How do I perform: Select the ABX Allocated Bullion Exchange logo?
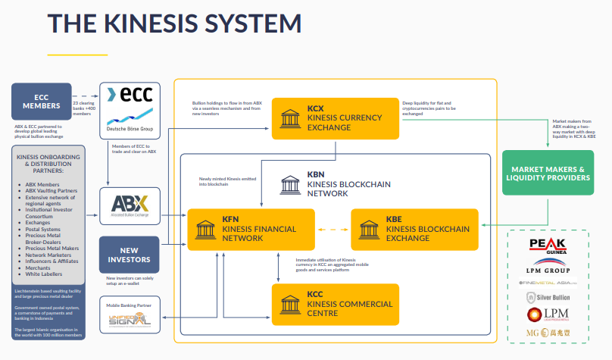pos(130,206)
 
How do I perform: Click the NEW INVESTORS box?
pos(130,255)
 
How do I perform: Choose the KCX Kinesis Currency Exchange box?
pos(336,118)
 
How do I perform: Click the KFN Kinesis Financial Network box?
pos(251,228)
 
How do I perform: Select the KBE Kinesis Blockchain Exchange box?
pos(415,228)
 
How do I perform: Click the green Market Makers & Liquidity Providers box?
pos(548,172)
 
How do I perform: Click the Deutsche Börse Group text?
pos(130,129)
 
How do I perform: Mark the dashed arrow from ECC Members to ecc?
pos(86,96)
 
